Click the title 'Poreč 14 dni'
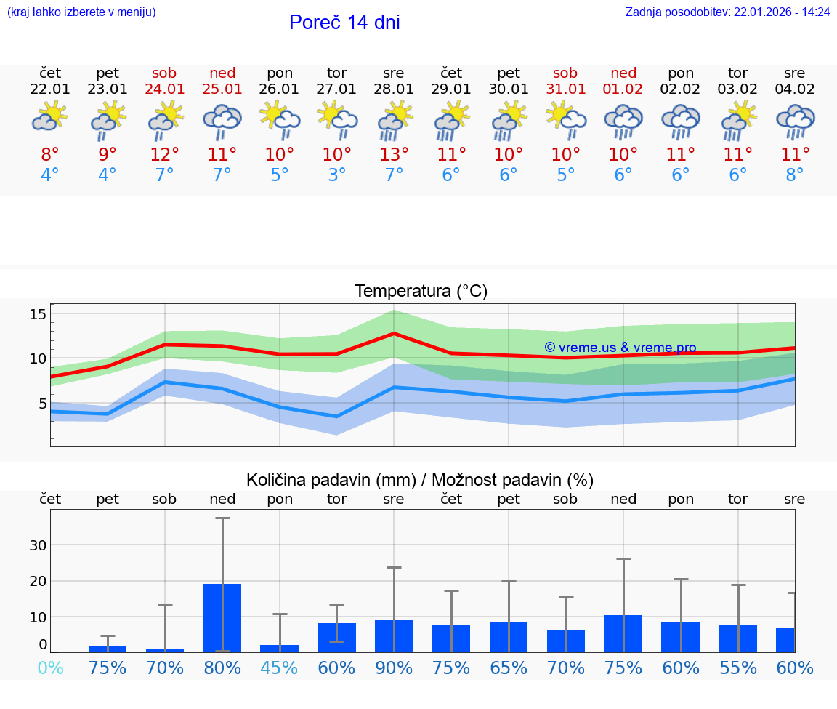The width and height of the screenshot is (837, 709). [x=344, y=23]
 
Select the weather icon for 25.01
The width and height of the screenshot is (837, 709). [x=222, y=120]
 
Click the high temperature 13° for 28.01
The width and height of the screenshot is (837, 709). [x=394, y=154]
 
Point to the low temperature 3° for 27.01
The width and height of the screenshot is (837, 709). [x=337, y=175]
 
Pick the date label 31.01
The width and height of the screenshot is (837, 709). [x=565, y=89]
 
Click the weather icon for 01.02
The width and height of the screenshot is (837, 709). [x=623, y=120]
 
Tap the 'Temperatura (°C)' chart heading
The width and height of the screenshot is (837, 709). [x=421, y=292]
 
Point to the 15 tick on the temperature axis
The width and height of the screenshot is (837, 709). [x=38, y=314]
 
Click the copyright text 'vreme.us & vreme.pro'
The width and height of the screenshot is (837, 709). [x=620, y=348]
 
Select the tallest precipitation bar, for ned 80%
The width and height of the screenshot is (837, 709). [x=222, y=617]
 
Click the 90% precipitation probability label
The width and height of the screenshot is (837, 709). [x=394, y=668]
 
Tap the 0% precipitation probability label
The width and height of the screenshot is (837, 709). [x=50, y=668]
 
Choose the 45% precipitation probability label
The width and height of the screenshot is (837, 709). [x=280, y=668]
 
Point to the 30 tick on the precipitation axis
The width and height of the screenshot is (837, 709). [x=38, y=545]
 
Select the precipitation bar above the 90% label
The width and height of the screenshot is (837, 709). [x=394, y=636]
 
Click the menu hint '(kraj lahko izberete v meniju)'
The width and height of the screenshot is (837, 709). [x=81, y=12]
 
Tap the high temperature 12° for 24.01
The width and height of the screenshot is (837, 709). [x=165, y=154]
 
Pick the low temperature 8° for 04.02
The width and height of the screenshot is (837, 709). [x=795, y=175]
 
